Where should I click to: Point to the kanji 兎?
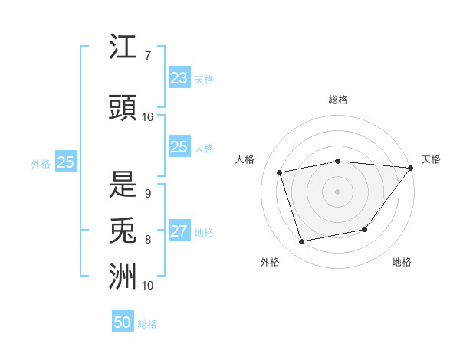click(123, 231)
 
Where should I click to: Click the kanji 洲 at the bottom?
click(123, 277)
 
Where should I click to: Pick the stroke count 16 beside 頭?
click(148, 117)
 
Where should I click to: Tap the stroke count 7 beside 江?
click(147, 56)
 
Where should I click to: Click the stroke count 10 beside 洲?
click(148, 286)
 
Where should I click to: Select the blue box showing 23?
click(179, 77)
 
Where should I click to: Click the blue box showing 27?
click(179, 232)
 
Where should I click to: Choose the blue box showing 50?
click(123, 322)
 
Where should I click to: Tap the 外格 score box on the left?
click(65, 162)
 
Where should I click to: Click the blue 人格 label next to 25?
click(204, 149)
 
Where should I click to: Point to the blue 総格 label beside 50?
click(147, 324)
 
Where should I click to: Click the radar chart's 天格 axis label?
click(431, 159)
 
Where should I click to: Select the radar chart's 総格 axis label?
click(338, 100)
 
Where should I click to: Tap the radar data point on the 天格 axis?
click(411, 168)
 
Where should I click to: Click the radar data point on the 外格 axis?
click(302, 242)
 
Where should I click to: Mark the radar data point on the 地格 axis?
click(365, 229)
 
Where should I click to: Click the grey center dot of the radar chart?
click(337, 191)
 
